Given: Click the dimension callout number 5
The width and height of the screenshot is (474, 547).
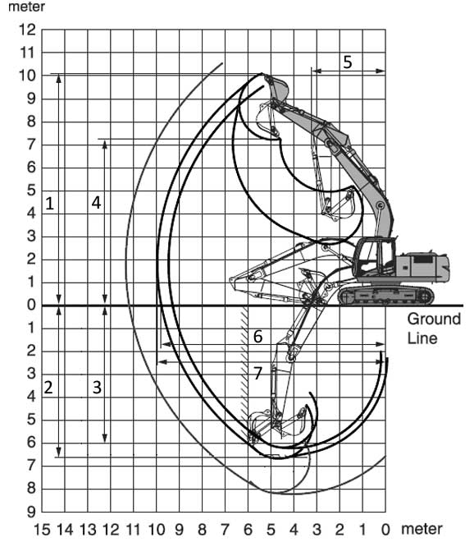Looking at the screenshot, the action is (347, 62).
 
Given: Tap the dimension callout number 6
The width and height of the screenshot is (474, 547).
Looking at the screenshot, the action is (258, 337).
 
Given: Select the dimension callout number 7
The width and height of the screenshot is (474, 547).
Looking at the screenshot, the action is (258, 374).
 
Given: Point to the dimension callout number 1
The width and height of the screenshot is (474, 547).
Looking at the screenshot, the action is (50, 204).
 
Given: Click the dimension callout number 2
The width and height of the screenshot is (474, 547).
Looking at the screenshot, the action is (48, 388).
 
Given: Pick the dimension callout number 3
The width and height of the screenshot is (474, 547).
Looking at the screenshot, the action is (97, 388).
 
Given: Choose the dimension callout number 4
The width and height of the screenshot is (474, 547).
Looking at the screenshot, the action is (96, 203).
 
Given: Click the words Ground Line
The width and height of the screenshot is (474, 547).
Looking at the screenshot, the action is (434, 329).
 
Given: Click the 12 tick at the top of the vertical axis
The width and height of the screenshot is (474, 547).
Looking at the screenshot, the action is (28, 30).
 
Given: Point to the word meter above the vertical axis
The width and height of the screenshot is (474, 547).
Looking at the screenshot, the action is (26, 7).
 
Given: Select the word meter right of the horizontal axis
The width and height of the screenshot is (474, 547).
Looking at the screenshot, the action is (422, 529).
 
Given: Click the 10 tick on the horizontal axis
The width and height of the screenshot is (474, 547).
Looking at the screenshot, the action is (157, 530).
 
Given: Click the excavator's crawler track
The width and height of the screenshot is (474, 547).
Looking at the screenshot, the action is (386, 296).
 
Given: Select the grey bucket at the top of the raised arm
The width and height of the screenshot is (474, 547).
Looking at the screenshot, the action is (277, 88).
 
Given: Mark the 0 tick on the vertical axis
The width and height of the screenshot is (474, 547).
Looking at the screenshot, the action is (31, 305).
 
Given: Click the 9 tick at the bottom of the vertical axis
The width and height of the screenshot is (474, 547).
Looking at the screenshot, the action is (31, 512).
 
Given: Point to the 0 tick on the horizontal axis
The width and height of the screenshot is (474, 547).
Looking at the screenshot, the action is (385, 530).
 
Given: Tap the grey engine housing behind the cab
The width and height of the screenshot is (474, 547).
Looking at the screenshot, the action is (422, 266).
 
